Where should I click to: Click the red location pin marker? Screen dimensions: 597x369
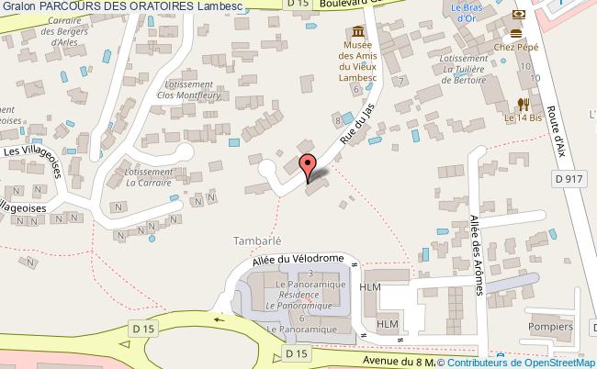[308, 166]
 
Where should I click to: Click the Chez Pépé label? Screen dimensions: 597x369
[515, 45]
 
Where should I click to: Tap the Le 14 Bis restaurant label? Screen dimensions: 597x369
[523, 118]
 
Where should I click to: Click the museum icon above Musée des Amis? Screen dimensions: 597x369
[354, 27]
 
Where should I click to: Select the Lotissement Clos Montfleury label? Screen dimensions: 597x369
[190, 87]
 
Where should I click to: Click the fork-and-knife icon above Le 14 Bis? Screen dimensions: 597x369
[523, 103]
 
